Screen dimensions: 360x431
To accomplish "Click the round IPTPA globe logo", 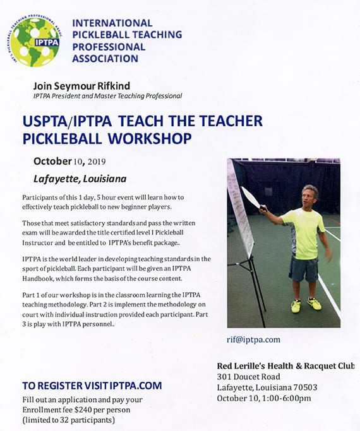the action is [34, 41].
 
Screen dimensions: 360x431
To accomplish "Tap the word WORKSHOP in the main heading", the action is [150, 138].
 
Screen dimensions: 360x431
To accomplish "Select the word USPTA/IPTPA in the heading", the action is [67, 121].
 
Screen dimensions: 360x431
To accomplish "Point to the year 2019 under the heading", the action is [97, 162].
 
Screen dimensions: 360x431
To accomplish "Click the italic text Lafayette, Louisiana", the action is [80, 179].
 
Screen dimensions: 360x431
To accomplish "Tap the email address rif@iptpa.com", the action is [253, 339].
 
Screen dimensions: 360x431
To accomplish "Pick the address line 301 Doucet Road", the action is [249, 377].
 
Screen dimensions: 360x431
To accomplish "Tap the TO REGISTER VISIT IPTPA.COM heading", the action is [92, 386].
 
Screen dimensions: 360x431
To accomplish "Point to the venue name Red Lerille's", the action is [241, 366].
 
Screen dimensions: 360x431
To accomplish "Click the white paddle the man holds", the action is [251, 198].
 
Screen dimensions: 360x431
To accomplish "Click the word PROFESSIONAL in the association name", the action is [109, 47].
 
